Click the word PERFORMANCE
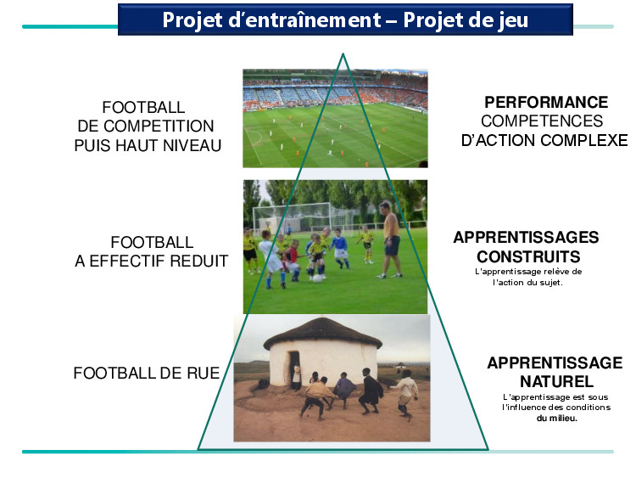click(x=546, y=103)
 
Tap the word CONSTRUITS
click(x=528, y=256)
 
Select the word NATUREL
click(x=556, y=382)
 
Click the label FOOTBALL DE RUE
click(x=147, y=373)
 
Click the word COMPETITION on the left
click(x=159, y=126)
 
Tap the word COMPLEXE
click(x=584, y=141)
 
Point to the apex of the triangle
click(x=343, y=53)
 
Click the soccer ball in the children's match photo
click(x=318, y=278)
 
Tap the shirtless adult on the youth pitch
click(x=390, y=239)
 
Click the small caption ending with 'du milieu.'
click(x=556, y=408)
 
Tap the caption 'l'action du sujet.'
click(x=527, y=282)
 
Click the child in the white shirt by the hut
click(x=406, y=393)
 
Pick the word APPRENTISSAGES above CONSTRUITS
click(x=526, y=238)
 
